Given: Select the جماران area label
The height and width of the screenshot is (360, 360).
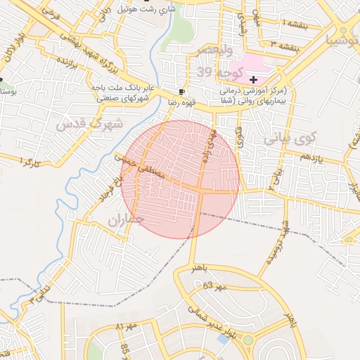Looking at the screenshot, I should [126, 221].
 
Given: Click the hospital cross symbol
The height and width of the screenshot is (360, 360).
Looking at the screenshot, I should [253, 80].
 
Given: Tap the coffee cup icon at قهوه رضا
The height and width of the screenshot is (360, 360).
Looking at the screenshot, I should [182, 92].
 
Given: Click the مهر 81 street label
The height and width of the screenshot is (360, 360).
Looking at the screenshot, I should [124, 327].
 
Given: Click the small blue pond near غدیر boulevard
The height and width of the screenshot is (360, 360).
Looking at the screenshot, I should [223, 339].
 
